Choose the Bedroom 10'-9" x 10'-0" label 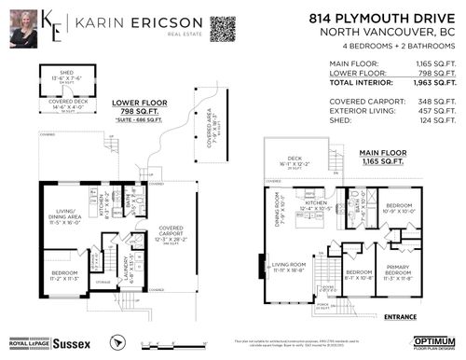400,206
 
